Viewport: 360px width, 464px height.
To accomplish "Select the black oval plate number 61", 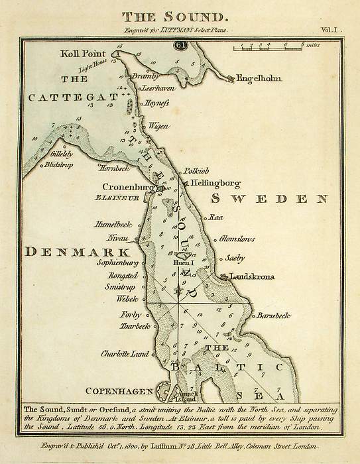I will tap(180, 44).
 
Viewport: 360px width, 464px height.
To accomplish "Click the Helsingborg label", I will tap(214, 184).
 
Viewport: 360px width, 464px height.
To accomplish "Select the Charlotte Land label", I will tap(124, 354).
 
